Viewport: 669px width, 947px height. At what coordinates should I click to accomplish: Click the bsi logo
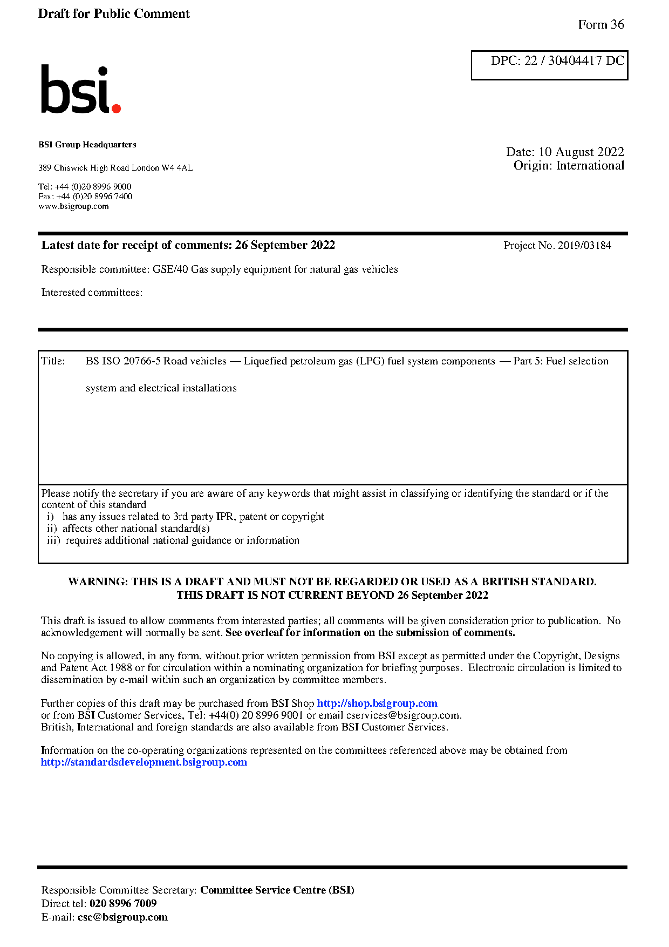coord(80,90)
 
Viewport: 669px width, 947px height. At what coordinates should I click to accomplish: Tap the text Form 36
coord(600,25)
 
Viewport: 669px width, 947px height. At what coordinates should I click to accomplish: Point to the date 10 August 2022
coord(581,152)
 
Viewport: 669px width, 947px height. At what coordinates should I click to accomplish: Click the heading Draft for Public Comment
coord(114,14)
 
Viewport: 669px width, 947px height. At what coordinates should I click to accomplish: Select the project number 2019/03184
coord(584,246)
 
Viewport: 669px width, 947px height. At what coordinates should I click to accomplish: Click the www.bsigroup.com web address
coord(73,206)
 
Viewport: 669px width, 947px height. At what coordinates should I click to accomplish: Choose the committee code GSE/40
coord(170,269)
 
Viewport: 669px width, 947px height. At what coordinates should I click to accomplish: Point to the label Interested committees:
coord(92,293)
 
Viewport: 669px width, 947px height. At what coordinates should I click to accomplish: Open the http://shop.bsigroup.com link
coord(377,704)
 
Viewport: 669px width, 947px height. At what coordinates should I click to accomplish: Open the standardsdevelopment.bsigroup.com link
coord(144,762)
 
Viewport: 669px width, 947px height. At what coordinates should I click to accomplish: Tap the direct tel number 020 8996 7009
coord(123,904)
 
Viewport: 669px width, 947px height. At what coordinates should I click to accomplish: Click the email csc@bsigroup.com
coord(122,917)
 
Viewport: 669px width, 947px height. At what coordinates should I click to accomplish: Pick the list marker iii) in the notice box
coord(53,540)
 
